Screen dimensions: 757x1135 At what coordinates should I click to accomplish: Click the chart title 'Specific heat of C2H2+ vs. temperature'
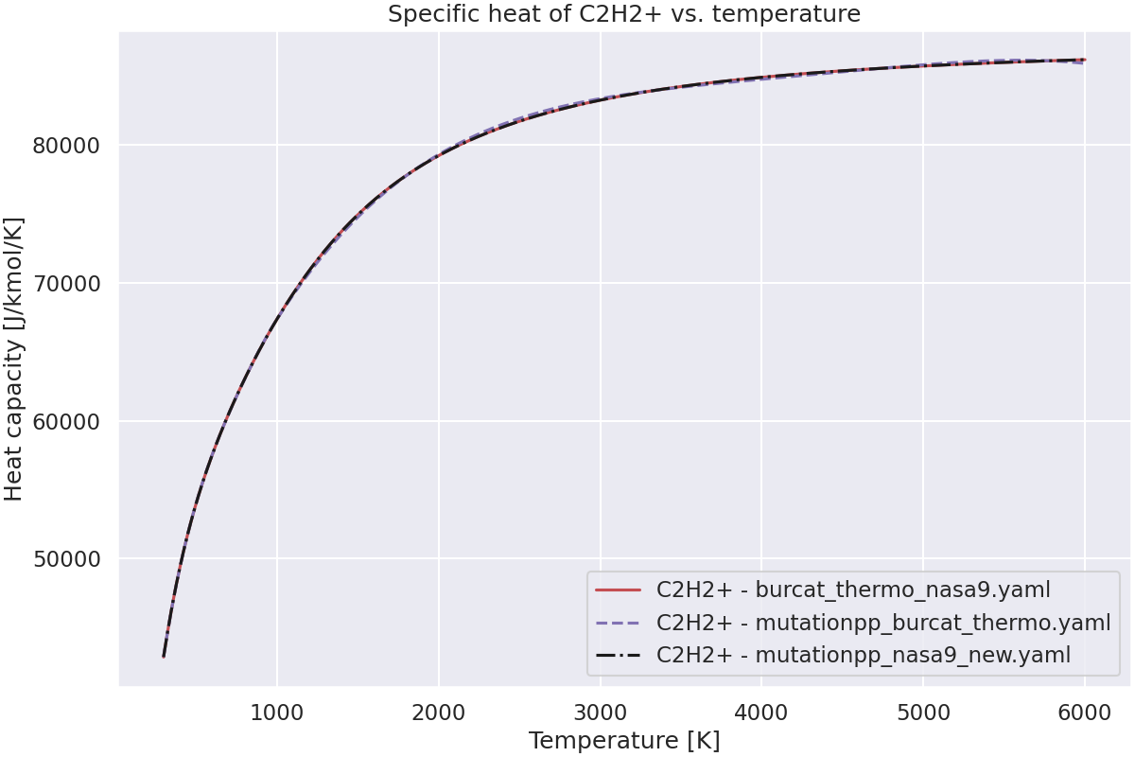point(624,14)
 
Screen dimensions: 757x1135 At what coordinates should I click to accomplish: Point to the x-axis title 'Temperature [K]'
point(624,740)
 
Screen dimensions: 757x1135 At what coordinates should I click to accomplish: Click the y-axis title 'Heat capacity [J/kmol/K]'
point(14,359)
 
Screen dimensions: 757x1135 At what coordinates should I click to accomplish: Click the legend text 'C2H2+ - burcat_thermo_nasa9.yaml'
point(853,591)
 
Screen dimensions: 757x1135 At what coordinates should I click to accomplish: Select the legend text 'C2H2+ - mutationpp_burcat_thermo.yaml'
point(883,624)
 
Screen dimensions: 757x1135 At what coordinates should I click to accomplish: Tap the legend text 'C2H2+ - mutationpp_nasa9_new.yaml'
point(864,655)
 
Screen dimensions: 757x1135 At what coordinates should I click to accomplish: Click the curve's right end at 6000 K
point(1085,61)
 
